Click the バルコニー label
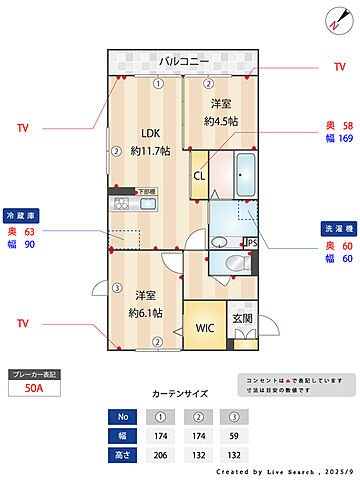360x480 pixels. tap(183, 62)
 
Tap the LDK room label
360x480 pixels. tap(150, 134)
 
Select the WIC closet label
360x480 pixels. tap(205, 327)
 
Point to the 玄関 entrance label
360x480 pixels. tap(242, 320)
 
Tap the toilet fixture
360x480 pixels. tap(235, 263)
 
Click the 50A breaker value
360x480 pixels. tap(34, 389)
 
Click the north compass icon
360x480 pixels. tap(333, 20)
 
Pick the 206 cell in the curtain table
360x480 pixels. tap(157, 455)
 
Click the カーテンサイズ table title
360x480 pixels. tap(180, 394)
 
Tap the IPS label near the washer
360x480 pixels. tap(251, 241)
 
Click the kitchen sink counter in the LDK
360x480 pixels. tap(135, 204)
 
